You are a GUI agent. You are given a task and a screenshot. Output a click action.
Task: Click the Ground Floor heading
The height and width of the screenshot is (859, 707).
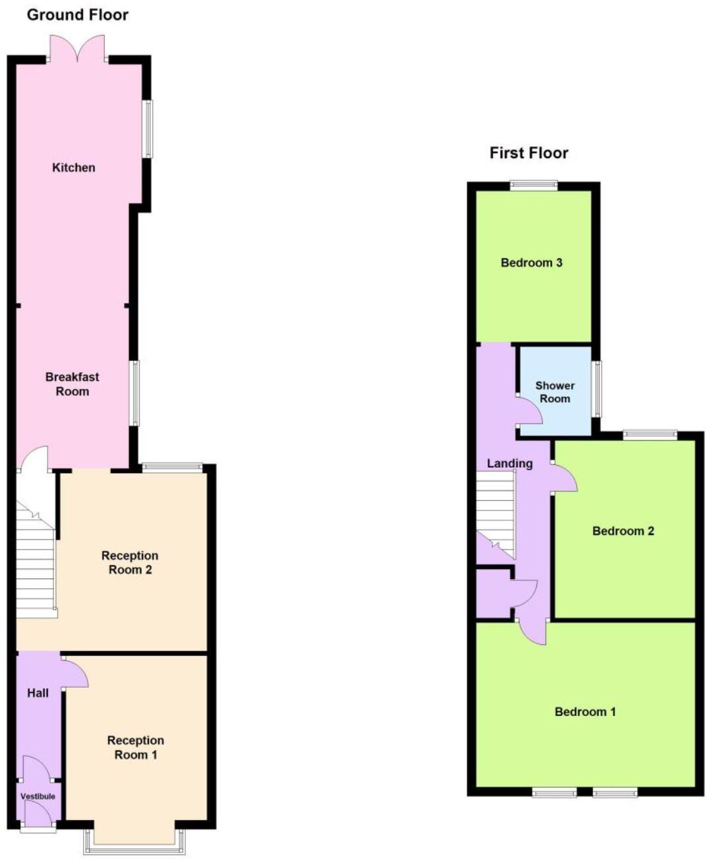(x=77, y=14)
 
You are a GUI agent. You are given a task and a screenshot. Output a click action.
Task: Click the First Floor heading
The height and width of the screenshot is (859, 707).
(x=528, y=153)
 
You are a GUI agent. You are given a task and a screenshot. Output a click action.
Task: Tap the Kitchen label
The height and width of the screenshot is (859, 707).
(x=74, y=168)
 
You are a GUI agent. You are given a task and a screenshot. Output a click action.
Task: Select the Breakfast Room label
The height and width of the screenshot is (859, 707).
(x=72, y=384)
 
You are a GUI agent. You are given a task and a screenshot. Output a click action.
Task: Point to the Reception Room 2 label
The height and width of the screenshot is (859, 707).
(x=130, y=563)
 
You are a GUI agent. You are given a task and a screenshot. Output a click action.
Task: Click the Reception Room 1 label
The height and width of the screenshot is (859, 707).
(x=135, y=748)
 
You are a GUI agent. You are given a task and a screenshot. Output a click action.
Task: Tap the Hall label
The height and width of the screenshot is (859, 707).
(x=38, y=693)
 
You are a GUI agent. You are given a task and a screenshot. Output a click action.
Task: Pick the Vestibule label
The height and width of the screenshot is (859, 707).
(x=38, y=796)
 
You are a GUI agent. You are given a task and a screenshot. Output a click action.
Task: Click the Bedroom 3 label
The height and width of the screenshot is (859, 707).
(x=531, y=263)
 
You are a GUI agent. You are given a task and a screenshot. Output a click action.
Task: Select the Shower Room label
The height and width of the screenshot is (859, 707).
(x=555, y=392)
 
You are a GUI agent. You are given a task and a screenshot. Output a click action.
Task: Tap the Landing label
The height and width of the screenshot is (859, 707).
(x=509, y=464)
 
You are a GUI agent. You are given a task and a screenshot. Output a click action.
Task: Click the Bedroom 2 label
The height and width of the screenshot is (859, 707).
(x=623, y=531)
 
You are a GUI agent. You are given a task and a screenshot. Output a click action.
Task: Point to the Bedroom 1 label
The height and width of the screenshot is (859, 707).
(x=585, y=712)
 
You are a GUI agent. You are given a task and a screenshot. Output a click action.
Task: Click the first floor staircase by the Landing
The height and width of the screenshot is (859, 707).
(x=495, y=511)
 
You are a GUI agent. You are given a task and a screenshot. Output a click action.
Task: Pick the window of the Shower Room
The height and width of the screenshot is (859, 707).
(x=597, y=389)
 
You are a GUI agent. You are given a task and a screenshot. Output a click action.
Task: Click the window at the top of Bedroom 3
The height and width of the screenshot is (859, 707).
(x=533, y=186)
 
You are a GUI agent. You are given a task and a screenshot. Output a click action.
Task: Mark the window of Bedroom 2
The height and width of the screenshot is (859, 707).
(x=650, y=434)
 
